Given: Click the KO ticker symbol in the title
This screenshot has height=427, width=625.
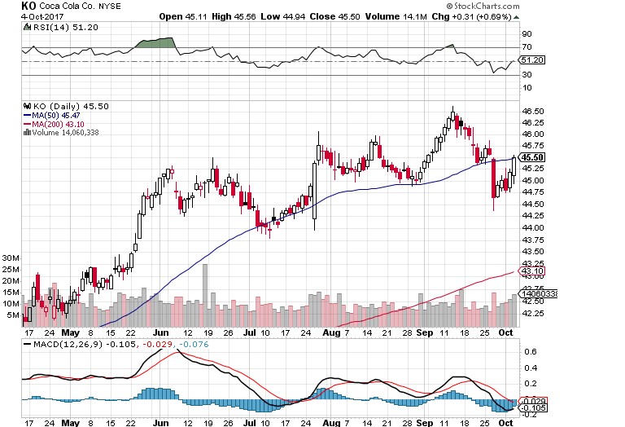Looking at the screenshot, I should click(x=28, y=5).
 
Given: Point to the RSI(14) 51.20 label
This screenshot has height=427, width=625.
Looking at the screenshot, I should click(x=55, y=27).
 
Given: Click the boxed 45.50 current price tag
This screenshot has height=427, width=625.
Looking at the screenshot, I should click(x=532, y=157).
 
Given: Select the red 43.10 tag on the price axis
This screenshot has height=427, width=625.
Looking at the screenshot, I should click(x=532, y=271).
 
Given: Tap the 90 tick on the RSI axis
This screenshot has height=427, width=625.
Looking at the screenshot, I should click(x=527, y=34).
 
